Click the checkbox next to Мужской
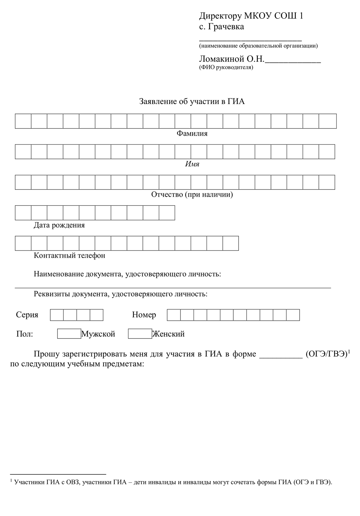pos(69,334)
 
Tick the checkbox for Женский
pos(140,334)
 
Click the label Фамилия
pos(192,133)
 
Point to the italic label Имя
pos(192,164)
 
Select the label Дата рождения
pos(59,225)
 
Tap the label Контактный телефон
pos(69,255)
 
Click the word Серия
pos(27,315)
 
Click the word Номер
pos(144,315)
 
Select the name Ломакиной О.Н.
pos(231,59)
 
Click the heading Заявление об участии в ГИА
pos(192,101)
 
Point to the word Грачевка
pos(226,27)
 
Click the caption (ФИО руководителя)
pos(226,68)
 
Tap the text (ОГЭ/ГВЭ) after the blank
pos(327,354)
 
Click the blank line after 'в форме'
pos(281,355)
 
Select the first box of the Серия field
pos(57,315)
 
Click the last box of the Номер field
pos(293,315)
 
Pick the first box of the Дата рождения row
pos(23,213)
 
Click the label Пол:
pos(25,334)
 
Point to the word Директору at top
pos(220,16)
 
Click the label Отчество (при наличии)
pos(192,195)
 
